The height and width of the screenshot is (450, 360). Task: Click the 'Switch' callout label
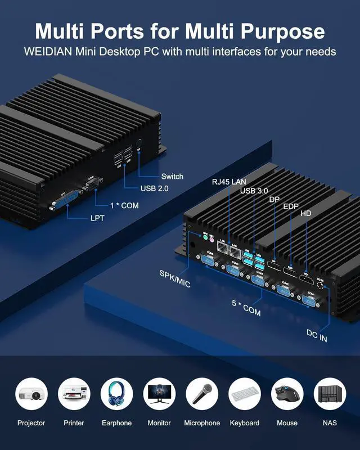(x=172, y=177)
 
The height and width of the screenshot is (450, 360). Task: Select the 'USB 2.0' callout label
(x=154, y=189)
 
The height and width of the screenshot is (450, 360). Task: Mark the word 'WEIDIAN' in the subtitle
(x=48, y=52)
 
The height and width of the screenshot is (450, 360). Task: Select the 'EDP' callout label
(x=291, y=207)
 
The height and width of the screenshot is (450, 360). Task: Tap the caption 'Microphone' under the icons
(x=202, y=423)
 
